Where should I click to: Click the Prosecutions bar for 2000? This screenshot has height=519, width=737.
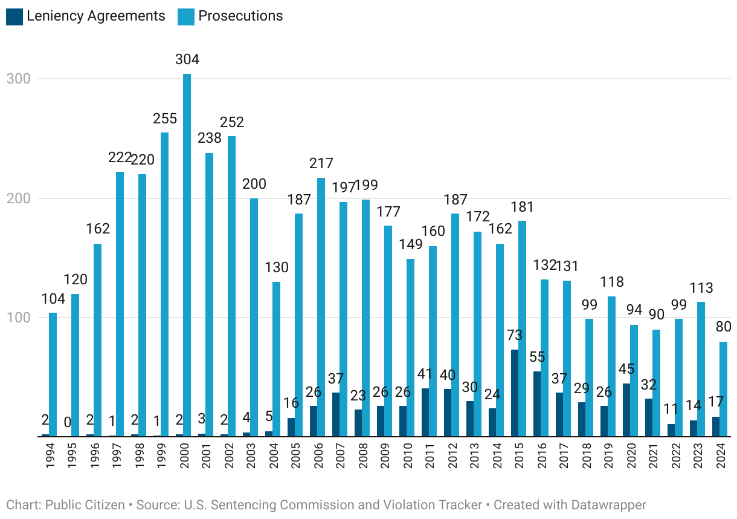coord(187,254)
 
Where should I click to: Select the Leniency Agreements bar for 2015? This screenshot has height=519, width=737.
coord(515,393)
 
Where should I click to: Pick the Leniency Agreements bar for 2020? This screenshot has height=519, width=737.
coord(626,410)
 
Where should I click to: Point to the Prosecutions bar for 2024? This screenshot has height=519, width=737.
coord(723,388)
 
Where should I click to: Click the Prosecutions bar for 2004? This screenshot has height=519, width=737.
coord(277,359)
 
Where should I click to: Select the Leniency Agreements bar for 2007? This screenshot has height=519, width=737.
coord(336,414)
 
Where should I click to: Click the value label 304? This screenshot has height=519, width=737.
coord(187,59)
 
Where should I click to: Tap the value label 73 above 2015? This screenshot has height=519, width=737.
coord(515,335)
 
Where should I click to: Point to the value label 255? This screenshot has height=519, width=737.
coord(164,118)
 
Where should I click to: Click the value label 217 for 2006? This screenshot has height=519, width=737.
coord(321,163)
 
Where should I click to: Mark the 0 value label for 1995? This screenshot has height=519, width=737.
coord(68,422)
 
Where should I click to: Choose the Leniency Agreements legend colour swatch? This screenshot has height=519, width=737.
coord(14,16)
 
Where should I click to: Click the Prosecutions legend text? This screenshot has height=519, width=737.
coord(240,16)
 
